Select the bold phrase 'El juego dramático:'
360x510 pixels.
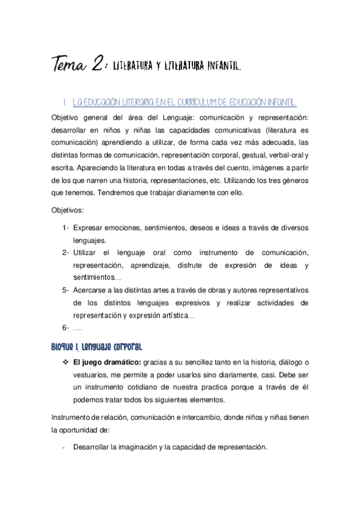click(106, 361)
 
